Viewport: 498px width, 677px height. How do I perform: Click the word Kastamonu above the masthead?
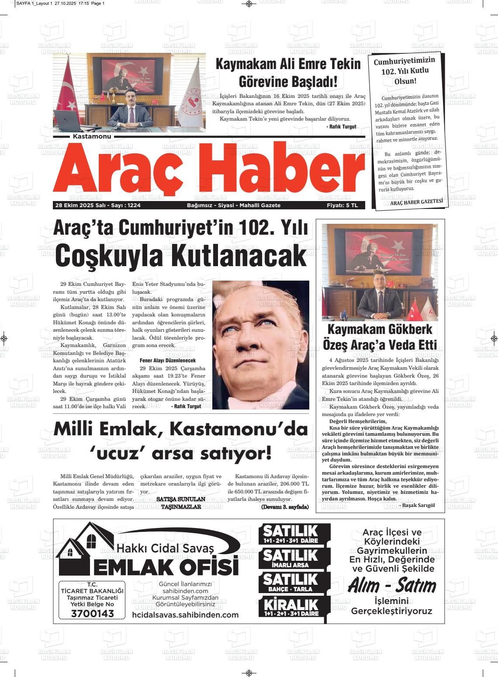point(92,136)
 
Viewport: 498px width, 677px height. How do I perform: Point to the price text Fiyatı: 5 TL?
point(342,205)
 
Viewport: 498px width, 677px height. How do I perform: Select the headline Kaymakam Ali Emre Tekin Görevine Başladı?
point(288,73)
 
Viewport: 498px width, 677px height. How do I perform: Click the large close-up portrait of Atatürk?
point(260,345)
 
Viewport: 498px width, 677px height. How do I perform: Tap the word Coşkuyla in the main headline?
point(109,255)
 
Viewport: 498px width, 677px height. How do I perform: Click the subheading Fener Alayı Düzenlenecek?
point(170,361)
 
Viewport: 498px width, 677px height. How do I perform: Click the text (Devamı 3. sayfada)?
point(284,507)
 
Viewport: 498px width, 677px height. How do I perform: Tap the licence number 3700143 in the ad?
point(92,614)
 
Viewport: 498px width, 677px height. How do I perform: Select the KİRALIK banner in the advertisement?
point(291,607)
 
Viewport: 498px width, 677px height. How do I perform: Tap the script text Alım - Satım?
point(392,586)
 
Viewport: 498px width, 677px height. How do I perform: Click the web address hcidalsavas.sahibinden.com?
point(185,615)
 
